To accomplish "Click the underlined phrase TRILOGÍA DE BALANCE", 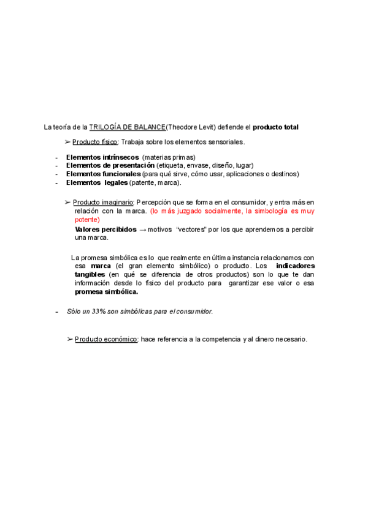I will (127, 127).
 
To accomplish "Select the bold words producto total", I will (275, 127).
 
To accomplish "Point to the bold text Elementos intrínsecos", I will (102, 157).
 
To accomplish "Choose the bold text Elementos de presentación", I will (110, 165).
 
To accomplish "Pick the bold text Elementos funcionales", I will (103, 174).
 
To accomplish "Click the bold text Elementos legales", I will (97, 182).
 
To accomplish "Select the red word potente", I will (86, 219).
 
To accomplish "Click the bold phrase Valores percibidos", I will (105, 229).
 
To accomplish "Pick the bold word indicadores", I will (295, 266).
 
